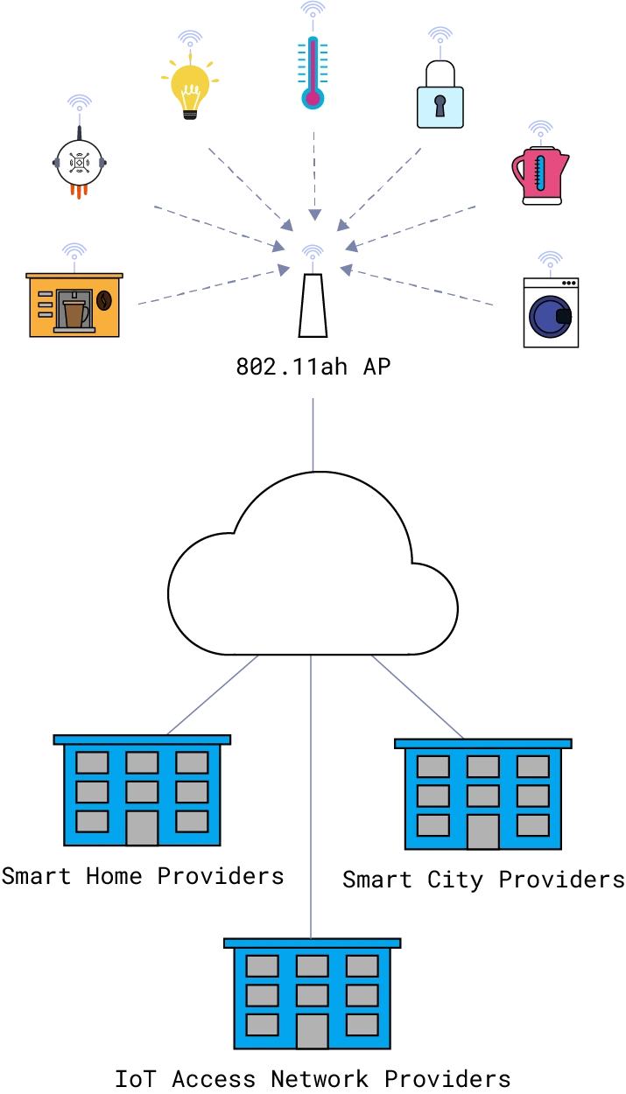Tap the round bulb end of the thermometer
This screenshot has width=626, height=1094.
pos(313,97)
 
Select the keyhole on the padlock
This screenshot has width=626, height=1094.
pos(440,107)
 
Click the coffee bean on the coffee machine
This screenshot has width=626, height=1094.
pos(104,300)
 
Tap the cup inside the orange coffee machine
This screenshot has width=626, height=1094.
pos(74,312)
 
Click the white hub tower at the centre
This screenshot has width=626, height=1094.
pos(313,306)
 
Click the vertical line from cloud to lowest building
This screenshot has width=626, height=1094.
pos(312,788)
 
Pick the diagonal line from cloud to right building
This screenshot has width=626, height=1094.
pos(417,696)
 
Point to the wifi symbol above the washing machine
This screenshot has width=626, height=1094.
pos(549,257)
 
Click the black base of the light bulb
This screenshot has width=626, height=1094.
pos(189,117)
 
